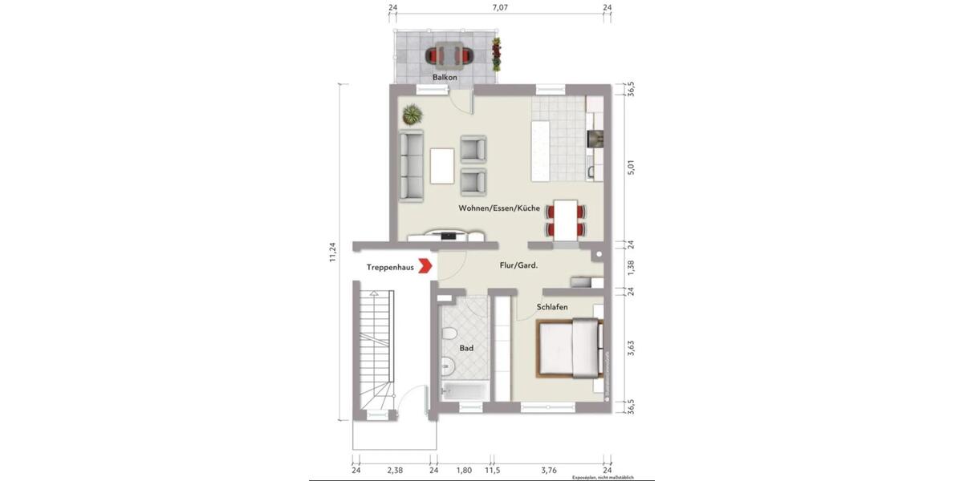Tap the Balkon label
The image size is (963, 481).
coord(445,77)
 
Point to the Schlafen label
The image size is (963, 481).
coord(553,307)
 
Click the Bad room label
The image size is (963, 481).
coord(466,349)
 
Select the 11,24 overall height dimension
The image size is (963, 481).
coord(333,253)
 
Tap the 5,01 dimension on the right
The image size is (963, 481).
coord(631,168)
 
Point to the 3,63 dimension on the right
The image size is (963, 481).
coord(631,350)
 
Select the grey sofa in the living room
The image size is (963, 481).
coord(412,166)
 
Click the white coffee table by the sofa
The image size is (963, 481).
coord(442,166)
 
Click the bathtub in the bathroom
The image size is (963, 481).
coord(465,390)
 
